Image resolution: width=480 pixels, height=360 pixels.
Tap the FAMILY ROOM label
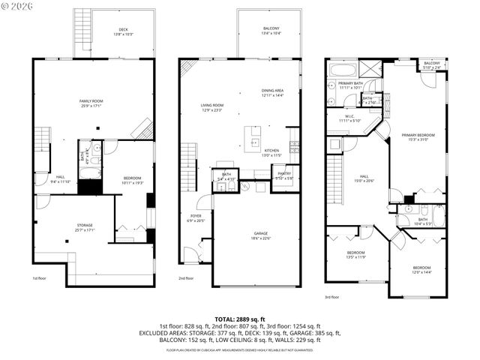point(91,102)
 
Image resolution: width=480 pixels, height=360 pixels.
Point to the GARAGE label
point(260,235)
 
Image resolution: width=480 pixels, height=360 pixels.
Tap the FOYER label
point(195,217)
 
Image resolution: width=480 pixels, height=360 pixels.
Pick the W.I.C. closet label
point(349,118)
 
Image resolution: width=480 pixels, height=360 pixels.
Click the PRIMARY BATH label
point(350,85)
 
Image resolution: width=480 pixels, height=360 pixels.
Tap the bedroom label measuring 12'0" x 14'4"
point(422,269)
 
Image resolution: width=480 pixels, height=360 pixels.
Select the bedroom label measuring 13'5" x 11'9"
point(355,254)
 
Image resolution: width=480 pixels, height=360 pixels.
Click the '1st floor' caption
point(40,278)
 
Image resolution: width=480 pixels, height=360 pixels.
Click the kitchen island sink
point(255,140)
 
